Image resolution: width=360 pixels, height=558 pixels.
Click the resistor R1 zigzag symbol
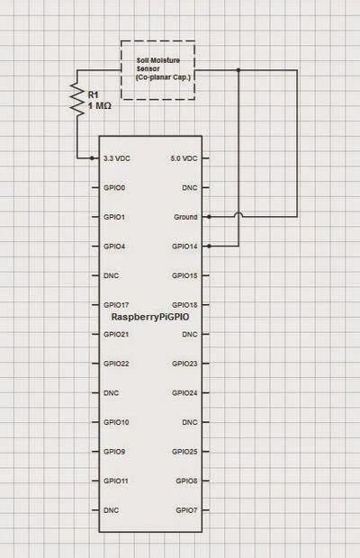tap(75, 102)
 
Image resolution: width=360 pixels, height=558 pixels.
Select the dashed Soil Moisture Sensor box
tap(157, 69)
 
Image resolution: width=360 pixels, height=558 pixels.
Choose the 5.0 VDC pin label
tap(183, 158)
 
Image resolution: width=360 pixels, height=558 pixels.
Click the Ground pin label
tap(184, 217)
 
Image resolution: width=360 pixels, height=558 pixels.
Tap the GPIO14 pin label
tap(184, 246)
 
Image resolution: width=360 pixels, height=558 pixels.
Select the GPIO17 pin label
tap(116, 304)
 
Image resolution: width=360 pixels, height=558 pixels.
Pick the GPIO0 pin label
tap(114, 187)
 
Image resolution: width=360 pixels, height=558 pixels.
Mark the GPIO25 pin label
tap(184, 451)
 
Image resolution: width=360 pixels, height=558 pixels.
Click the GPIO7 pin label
tap(186, 509)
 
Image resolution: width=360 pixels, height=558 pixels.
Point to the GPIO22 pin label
tap(116, 364)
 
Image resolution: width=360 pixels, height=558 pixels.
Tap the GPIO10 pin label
tap(116, 422)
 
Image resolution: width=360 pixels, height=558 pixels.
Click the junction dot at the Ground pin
tap(208, 217)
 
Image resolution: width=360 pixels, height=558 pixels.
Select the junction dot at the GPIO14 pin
tap(208, 246)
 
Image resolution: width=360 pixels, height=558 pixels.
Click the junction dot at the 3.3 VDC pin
tap(93, 158)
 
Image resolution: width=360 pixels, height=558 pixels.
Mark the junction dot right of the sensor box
tap(238, 69)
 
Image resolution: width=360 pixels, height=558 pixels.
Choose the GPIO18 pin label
tap(184, 305)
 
